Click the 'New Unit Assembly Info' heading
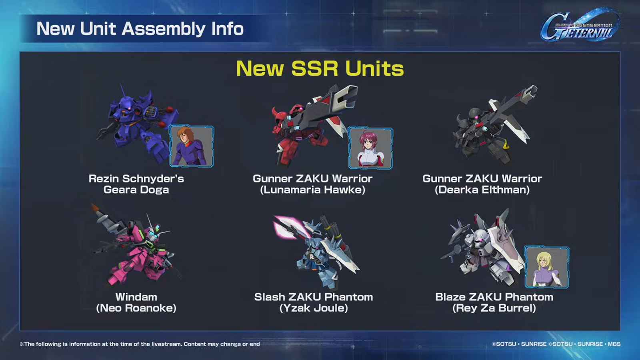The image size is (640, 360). (140, 28)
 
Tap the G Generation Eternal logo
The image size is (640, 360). (580, 25)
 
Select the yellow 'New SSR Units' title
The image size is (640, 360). (320, 68)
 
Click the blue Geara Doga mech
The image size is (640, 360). (137, 126)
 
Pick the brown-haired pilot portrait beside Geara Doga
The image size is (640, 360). (192, 146)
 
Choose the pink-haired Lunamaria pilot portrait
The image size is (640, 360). (370, 148)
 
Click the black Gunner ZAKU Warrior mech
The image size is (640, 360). (492, 126)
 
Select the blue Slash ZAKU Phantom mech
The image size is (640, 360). (317, 252)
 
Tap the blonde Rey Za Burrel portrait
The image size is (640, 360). (546, 267)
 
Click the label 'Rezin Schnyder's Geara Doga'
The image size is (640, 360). (136, 184)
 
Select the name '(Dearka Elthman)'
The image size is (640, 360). (482, 190)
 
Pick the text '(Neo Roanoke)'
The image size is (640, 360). (136, 308)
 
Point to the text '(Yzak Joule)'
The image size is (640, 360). (314, 308)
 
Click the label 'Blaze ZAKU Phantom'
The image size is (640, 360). (494, 297)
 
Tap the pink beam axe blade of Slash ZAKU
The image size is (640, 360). (288, 226)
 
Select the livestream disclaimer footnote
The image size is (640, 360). (140, 344)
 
